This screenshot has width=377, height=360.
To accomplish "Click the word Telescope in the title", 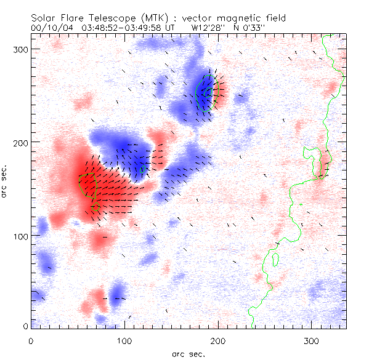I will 108,18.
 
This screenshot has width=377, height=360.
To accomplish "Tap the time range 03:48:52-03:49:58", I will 121,28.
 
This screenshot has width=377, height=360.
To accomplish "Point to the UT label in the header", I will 169,28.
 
